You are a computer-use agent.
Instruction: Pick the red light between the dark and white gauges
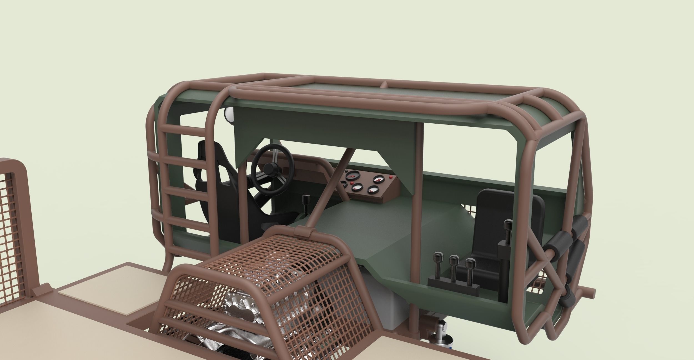pos(351,184)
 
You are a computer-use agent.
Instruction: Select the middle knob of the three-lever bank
pos(454,260)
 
